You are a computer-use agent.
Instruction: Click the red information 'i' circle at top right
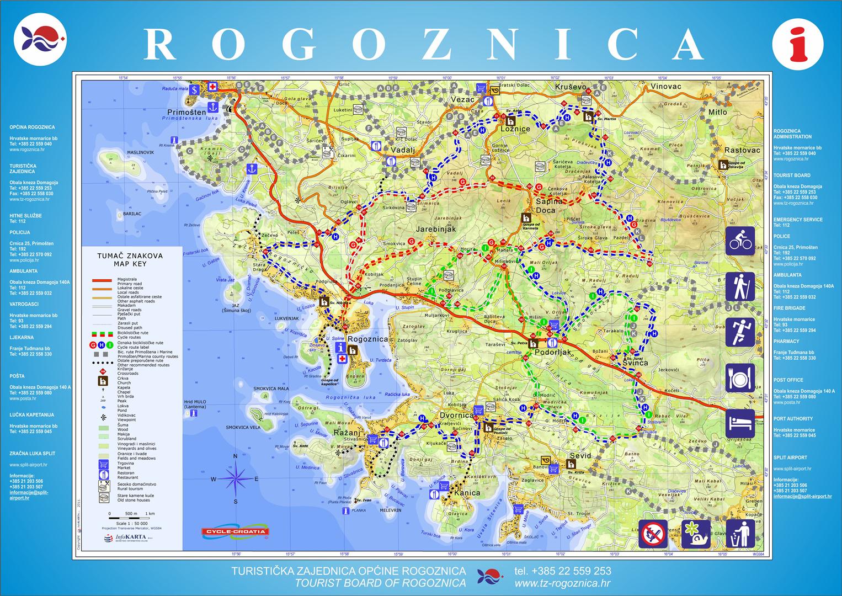798,44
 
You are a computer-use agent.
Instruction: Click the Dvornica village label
456,415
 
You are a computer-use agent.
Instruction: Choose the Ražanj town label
347,433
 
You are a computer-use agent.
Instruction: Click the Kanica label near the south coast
466,493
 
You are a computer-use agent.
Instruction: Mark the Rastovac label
742,150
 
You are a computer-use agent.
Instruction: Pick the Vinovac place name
665,87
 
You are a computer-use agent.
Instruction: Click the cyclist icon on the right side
740,241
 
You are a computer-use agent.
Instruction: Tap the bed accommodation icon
740,424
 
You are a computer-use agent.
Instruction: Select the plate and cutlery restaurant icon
740,378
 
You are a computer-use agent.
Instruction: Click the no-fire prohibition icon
653,534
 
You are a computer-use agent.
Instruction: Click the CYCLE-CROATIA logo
236,532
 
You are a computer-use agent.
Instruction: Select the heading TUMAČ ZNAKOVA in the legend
130,256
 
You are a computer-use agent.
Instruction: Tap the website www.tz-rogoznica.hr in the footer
562,583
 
